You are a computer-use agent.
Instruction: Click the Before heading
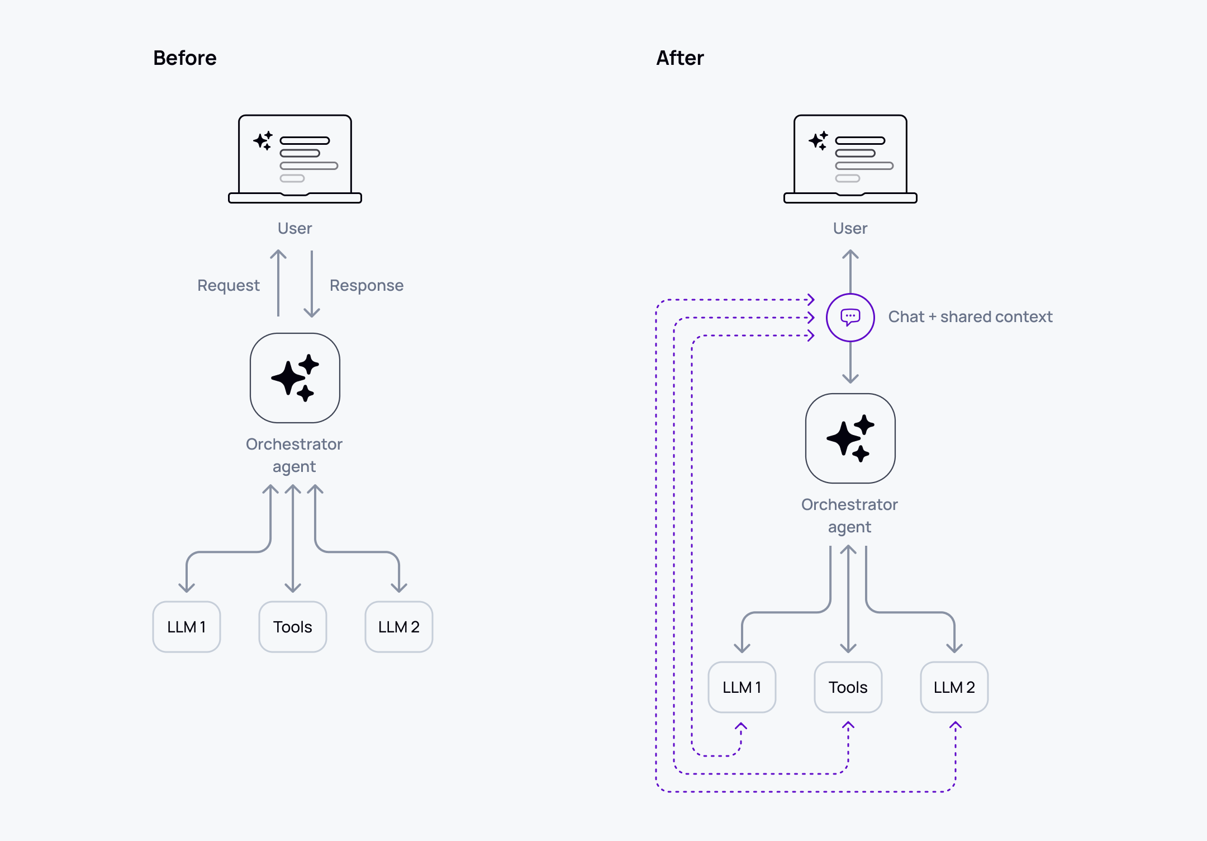point(184,58)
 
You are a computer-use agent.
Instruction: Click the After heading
point(679,58)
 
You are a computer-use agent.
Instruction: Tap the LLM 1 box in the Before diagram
point(187,627)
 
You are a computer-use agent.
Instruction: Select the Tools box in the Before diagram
point(293,627)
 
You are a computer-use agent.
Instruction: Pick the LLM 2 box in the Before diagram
point(398,627)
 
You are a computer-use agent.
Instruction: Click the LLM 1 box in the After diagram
point(742,687)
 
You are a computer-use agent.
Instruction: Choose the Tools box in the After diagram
point(848,687)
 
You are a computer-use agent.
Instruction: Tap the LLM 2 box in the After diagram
point(954,687)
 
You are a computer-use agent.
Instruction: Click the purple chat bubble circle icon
point(850,317)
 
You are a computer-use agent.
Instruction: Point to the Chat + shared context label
point(970,317)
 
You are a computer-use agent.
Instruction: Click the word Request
point(228,286)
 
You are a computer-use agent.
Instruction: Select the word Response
point(366,286)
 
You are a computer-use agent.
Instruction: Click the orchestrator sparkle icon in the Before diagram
point(295,378)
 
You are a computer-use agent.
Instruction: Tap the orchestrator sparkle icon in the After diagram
point(850,438)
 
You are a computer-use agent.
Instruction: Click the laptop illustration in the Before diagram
point(295,159)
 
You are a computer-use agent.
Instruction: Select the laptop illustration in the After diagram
point(850,159)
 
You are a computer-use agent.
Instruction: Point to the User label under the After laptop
point(850,228)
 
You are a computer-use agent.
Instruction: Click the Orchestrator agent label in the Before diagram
point(294,455)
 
